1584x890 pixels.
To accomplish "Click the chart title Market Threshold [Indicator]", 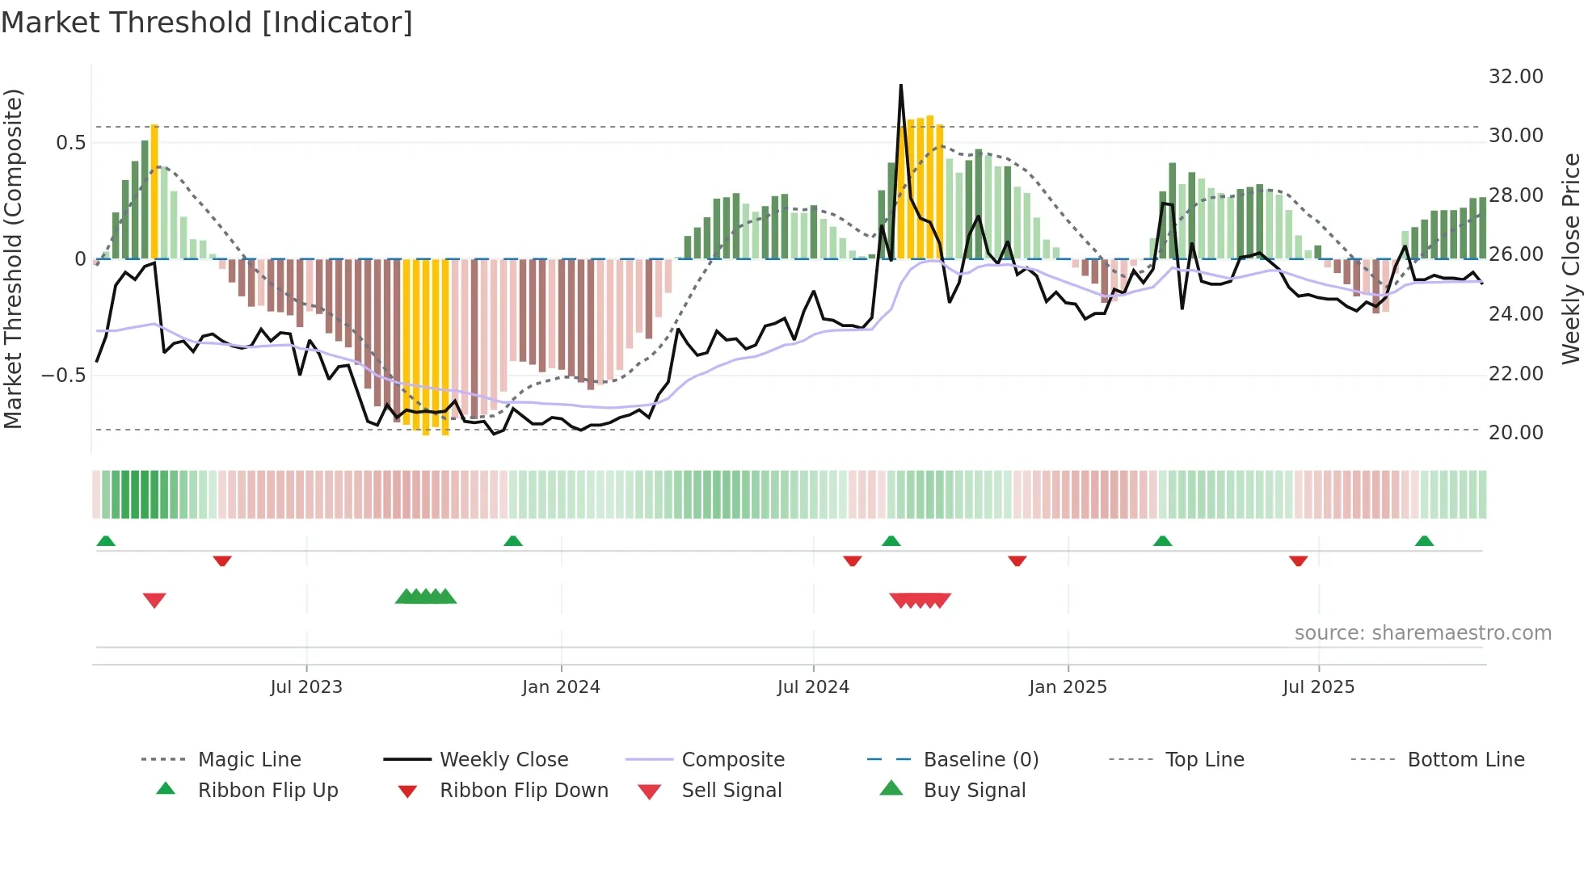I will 207,23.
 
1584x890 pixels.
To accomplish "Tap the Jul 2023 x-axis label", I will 306,687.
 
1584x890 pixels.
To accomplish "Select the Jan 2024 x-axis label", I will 561,687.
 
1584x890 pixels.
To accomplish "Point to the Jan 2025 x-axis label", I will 1068,687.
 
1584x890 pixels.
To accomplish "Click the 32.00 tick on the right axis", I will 1515,77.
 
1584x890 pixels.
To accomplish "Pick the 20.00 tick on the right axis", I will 1515,433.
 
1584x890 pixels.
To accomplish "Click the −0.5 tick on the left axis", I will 64,376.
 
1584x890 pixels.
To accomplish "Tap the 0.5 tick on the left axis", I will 70,143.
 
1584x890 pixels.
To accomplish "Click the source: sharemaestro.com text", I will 1422,633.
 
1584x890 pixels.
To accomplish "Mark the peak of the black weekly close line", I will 901,85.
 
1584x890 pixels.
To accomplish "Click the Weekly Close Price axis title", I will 1570,258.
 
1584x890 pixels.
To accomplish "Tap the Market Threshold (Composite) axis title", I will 13,258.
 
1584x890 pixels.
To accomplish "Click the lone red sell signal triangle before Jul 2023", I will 154,600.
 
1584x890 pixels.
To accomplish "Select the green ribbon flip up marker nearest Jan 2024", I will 513,540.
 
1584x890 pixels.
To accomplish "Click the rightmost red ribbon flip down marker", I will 1298,560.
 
